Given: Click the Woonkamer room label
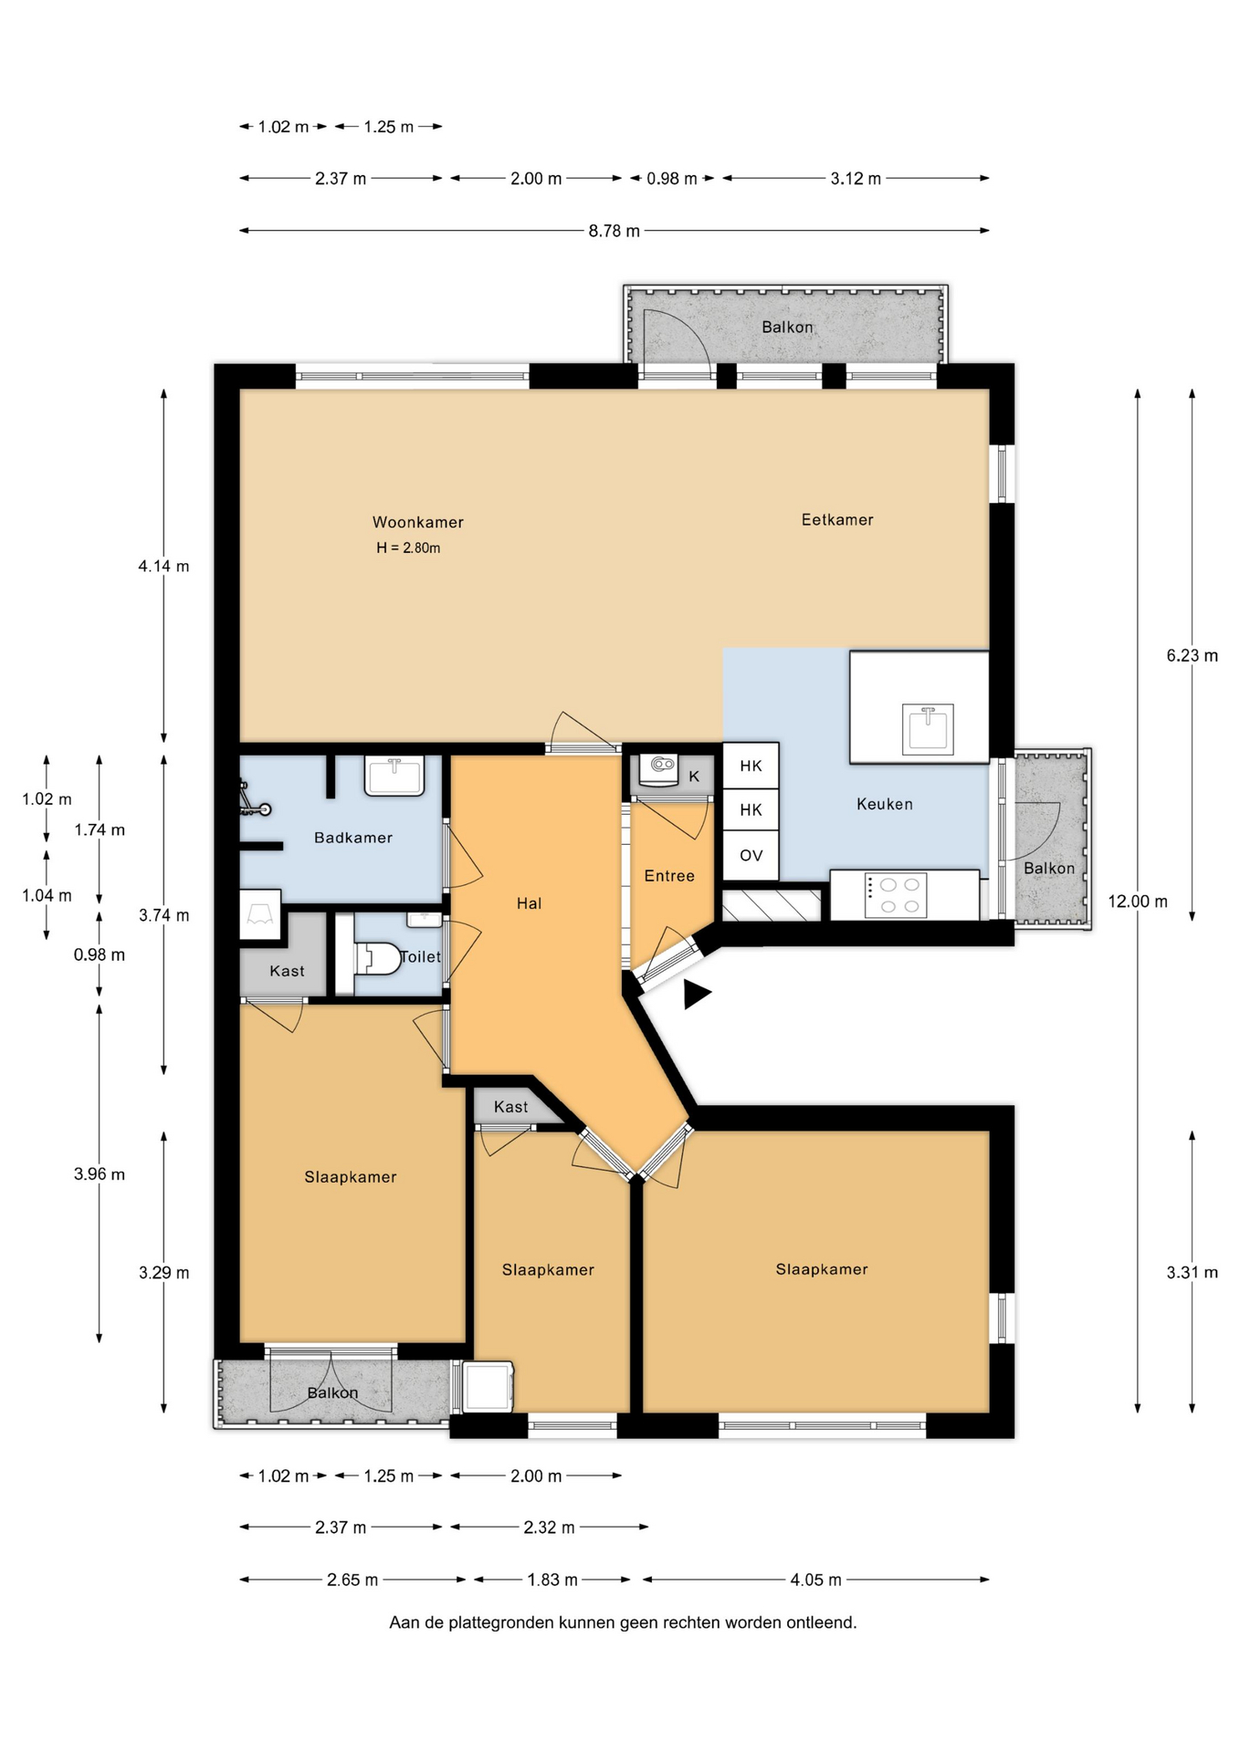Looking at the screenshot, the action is [x=417, y=523].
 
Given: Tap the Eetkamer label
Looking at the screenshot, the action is [x=837, y=520].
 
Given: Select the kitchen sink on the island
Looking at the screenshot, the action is [x=928, y=729].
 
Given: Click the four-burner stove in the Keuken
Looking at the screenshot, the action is [x=896, y=895].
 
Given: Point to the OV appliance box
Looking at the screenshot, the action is [x=751, y=855].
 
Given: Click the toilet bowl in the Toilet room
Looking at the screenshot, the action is [x=378, y=957].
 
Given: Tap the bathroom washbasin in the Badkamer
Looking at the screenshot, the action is [x=394, y=776].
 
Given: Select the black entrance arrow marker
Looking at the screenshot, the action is [x=697, y=995].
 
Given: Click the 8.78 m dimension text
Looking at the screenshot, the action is [x=614, y=231].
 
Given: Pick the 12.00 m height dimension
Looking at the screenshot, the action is [x=1138, y=902].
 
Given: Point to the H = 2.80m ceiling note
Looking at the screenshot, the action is [x=408, y=548].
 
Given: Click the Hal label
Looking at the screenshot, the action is [x=529, y=903].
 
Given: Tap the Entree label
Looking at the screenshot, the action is [x=669, y=876].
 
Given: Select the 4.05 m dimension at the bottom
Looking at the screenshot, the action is [x=816, y=1580].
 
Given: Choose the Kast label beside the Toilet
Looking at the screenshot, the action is [x=287, y=971].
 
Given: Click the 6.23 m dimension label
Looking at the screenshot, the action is [x=1192, y=655].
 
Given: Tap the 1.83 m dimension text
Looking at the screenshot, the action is [x=552, y=1580].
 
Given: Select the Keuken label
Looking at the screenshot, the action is [x=884, y=804].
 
